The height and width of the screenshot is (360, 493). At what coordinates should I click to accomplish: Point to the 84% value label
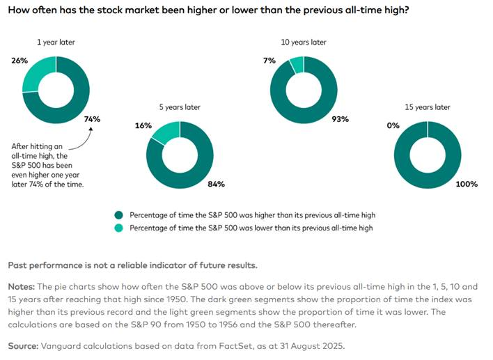coord(217,184)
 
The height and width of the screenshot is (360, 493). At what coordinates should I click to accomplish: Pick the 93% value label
coord(341,119)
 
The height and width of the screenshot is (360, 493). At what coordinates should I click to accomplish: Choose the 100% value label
coord(466,184)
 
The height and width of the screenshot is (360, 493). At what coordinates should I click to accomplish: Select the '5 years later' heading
coord(180,107)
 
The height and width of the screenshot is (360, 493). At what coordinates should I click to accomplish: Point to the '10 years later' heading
coord(304,42)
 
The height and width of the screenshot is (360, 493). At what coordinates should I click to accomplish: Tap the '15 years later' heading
coord(427,107)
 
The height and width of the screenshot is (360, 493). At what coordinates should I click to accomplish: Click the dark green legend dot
coord(119,215)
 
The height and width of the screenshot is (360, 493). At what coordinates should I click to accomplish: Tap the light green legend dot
coord(119,228)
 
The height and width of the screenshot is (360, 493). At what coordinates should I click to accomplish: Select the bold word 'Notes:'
coord(24,286)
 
